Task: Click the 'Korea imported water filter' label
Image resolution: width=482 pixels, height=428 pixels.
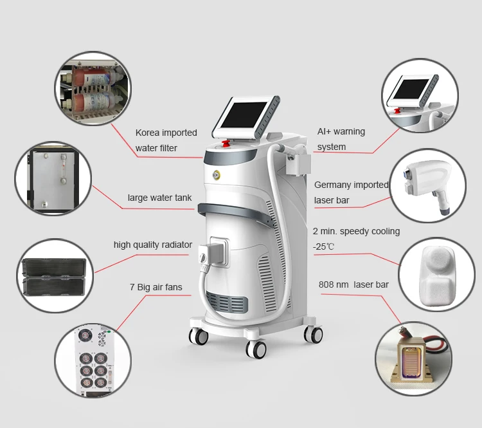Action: point(166,140)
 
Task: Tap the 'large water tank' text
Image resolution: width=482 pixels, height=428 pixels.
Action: point(159,198)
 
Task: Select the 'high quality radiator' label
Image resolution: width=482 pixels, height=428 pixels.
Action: point(153,245)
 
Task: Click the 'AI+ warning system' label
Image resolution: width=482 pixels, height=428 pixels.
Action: point(341,139)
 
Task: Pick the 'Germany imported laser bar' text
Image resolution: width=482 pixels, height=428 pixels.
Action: point(351,192)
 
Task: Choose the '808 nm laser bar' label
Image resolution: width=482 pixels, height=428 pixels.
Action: point(353,284)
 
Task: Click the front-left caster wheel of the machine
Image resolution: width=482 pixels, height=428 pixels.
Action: point(199,335)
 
